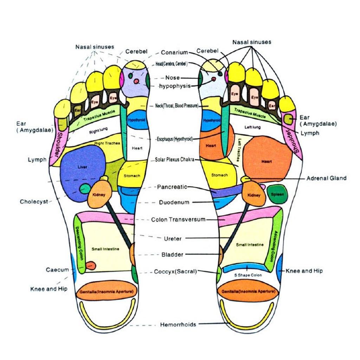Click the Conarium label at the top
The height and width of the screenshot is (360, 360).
tap(174, 53)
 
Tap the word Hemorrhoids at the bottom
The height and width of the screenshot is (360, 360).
tap(178, 324)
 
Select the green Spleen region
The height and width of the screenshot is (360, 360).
tap(277, 194)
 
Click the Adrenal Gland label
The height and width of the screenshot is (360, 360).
tap(326, 178)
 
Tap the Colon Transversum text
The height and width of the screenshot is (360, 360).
tap(178, 220)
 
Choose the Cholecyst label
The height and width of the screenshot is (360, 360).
tap(34, 202)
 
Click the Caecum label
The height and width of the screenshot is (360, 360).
tap(57, 270)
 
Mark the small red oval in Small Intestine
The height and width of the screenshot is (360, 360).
tap(91, 265)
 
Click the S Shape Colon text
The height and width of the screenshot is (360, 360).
tap(248, 275)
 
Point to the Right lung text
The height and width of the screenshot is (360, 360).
tap(98, 132)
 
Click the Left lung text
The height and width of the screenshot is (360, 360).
tap(252, 127)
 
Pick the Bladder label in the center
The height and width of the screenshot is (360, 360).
tap(172, 255)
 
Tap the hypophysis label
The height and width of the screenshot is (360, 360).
tap(175, 86)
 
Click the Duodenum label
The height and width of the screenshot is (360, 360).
tap(174, 202)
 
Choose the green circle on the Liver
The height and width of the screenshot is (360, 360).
tap(85, 189)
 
